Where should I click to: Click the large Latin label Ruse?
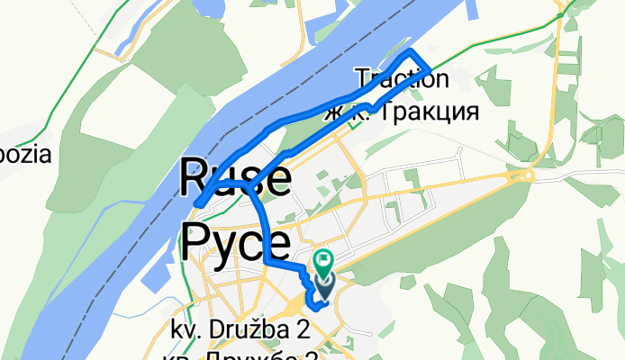(237, 176)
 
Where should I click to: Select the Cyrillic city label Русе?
(237, 241)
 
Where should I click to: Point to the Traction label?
(402, 78)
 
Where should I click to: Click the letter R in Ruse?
(199, 176)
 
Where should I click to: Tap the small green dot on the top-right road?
(560, 15)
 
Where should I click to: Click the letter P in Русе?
(200, 241)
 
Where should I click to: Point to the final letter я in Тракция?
(467, 111)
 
